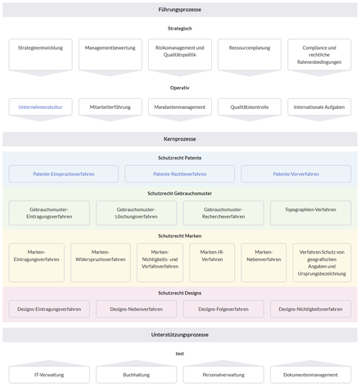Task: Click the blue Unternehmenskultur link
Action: [x=40, y=106]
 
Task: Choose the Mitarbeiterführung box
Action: [x=110, y=106]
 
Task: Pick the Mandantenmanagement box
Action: [x=179, y=106]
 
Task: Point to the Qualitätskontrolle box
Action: [x=249, y=106]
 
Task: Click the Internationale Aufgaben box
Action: [x=319, y=106]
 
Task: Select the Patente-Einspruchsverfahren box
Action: [x=63, y=173]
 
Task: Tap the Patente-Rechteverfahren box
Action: [x=179, y=173]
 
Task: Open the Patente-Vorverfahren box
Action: [x=295, y=173]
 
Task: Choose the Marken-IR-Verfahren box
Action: [x=211, y=259]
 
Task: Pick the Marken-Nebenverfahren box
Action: [x=263, y=259]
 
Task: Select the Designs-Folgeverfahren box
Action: [x=223, y=309]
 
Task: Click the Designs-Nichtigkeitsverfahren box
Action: [x=310, y=309]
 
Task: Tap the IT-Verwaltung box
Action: [x=49, y=374]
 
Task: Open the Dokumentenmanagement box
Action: [x=310, y=374]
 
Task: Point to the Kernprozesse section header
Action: [x=179, y=139]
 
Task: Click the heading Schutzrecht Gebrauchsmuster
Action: [x=179, y=193]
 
